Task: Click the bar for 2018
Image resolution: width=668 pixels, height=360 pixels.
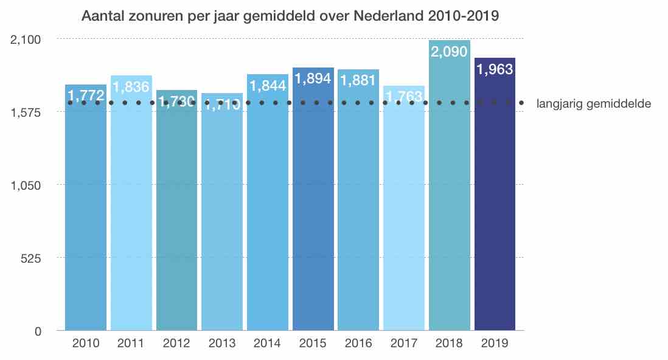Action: pyautogui.click(x=449, y=195)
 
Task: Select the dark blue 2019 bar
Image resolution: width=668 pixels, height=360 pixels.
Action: pyautogui.click(x=495, y=201)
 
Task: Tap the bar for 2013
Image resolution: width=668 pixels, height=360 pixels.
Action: pyautogui.click(x=221, y=219)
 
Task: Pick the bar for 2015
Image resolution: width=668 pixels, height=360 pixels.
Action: pyautogui.click(x=313, y=207)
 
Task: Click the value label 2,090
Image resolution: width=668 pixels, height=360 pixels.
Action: pyautogui.click(x=449, y=52)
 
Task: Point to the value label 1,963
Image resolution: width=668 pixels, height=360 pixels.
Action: pyautogui.click(x=495, y=69)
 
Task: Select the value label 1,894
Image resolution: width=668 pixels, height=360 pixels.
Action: pyautogui.click(x=313, y=78)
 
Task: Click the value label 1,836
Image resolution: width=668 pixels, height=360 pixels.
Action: pyautogui.click(x=131, y=87)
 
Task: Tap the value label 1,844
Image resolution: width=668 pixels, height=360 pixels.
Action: pyautogui.click(x=267, y=86)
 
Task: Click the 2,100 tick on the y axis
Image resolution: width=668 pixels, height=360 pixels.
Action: pyautogui.click(x=25, y=40)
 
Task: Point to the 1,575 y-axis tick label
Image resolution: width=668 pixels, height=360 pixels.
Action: pyautogui.click(x=25, y=112)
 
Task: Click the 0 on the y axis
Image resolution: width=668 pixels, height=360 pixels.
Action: pyautogui.click(x=37, y=331)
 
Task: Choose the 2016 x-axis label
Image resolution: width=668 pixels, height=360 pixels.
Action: pyautogui.click(x=358, y=343)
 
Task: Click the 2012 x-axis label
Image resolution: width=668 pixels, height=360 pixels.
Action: pyautogui.click(x=176, y=343)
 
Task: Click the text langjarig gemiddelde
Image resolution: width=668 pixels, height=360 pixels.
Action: pyautogui.click(x=594, y=104)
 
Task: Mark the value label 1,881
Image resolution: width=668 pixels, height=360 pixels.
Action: pyautogui.click(x=358, y=80)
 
